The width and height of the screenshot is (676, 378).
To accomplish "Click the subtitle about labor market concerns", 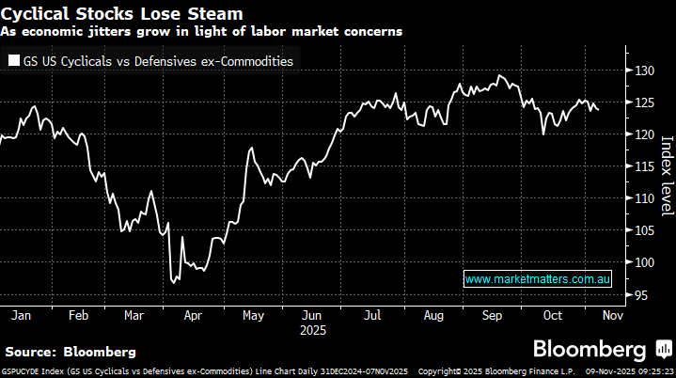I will [201, 31].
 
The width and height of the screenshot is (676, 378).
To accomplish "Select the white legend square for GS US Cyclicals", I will [12, 61].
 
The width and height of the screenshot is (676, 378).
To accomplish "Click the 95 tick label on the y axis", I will [638, 295].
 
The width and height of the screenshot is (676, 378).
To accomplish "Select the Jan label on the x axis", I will [20, 315].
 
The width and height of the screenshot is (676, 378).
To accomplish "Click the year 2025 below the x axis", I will [312, 331].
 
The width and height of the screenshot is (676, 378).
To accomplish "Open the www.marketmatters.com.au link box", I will [539, 279].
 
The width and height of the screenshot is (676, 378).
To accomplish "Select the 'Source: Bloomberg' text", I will [71, 352].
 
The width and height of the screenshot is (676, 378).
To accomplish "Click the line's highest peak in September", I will [500, 75].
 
